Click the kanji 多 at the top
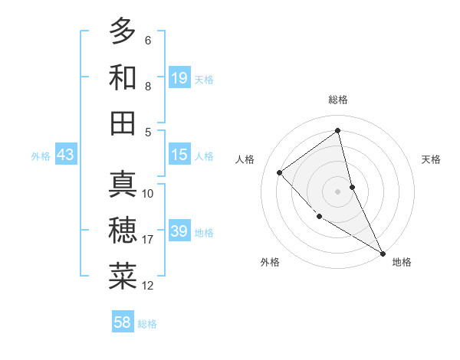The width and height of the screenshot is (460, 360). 123,31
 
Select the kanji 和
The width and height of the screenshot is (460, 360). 123,77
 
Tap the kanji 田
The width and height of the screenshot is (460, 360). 123,123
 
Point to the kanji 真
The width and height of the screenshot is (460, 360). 123,185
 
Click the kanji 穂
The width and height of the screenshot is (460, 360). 123,231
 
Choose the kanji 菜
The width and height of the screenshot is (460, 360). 123,277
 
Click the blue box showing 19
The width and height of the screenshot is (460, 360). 179,78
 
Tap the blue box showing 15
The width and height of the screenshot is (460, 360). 179,155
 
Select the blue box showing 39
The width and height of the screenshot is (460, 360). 179,231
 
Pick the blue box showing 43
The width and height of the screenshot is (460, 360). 66,155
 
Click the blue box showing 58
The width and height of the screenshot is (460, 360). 123,322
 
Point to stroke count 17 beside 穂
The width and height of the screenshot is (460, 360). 148,240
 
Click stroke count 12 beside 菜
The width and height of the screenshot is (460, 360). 148,286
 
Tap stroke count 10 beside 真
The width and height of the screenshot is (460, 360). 148,194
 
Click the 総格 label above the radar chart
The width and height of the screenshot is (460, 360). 337,100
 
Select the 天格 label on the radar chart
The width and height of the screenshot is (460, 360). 431,159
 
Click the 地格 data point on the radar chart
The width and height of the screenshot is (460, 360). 383,253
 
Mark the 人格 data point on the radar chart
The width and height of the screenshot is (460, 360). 280,172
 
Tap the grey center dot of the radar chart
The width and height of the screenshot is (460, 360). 337,191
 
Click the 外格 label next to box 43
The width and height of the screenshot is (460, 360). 41,156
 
